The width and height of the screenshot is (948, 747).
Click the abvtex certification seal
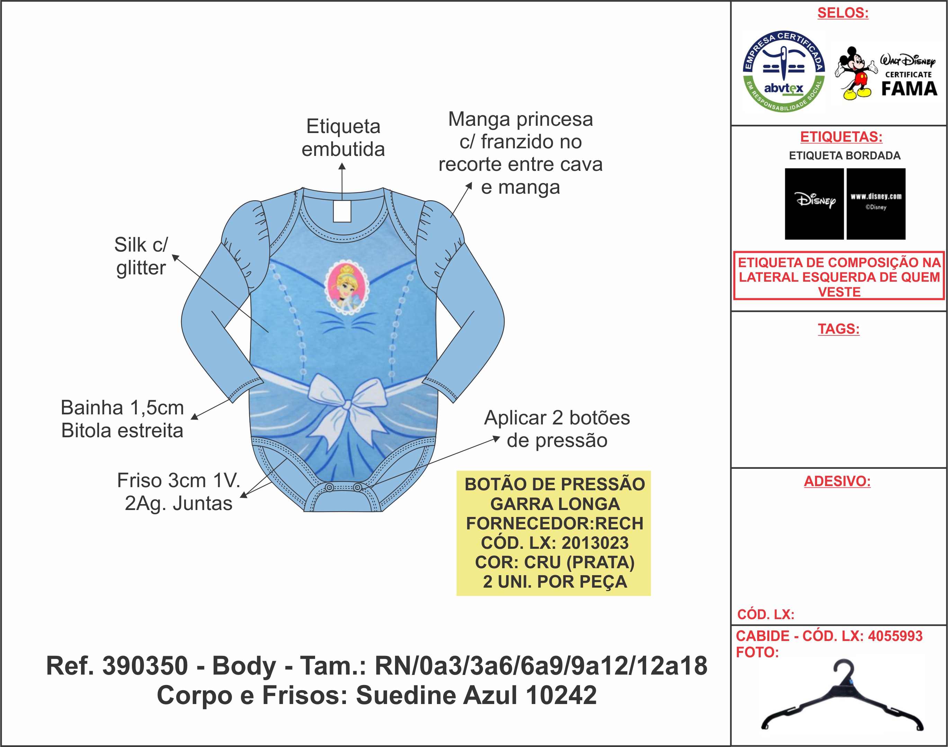[784, 71]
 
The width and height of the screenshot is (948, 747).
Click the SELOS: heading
[843, 13]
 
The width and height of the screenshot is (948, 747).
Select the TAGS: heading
[838, 329]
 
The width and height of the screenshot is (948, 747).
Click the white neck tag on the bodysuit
[342, 211]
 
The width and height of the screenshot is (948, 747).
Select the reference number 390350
[145, 666]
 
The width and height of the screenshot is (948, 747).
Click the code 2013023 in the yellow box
[595, 543]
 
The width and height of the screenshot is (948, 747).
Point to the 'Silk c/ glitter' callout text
[141, 256]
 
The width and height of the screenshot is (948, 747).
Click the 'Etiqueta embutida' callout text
[343, 138]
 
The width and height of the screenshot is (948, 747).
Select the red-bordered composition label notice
[839, 276]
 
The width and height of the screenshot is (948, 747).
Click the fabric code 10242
[561, 695]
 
